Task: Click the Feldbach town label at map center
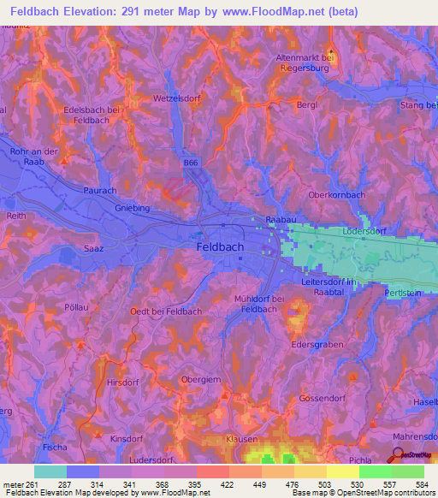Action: pyautogui.click(x=215, y=246)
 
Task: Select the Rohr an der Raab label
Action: pyautogui.click(x=33, y=157)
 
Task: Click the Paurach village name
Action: pyautogui.click(x=100, y=192)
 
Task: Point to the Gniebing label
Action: pyautogui.click(x=133, y=208)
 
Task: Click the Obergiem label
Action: pyautogui.click(x=202, y=379)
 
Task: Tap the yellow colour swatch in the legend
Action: pyautogui.click(x=342, y=471)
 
